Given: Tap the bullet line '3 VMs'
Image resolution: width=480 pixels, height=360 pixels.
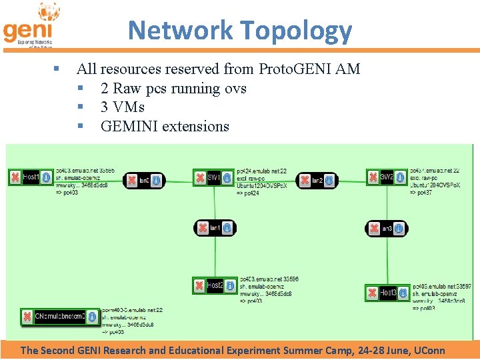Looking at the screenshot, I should point(122,107).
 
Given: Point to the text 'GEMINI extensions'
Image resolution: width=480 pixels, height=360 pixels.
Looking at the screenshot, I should point(165,126).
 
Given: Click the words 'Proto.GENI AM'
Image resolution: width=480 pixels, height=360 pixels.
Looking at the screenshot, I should point(309,69).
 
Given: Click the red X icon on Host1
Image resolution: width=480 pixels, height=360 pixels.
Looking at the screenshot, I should point(15,177).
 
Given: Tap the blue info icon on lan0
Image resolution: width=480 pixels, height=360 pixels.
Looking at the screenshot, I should point(155,180).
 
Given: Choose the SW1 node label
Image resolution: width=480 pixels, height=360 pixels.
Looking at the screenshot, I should point(213,178).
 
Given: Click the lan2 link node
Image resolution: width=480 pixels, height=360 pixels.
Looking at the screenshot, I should point(317,180).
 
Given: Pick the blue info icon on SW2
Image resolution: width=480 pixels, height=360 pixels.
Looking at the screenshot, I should point(400,177).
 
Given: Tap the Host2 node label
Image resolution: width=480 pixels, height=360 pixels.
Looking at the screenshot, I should point(215,285).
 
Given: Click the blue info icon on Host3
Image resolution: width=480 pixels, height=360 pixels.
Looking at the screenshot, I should point(401,293).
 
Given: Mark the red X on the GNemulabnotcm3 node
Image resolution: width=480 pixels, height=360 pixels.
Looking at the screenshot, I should point(27,317).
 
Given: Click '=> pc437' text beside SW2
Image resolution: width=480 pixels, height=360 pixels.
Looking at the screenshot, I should point(421,192).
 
